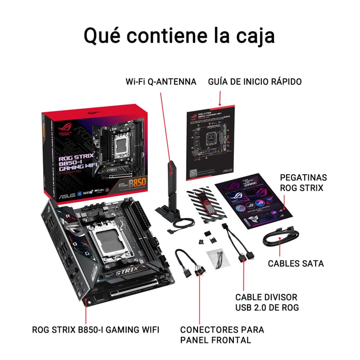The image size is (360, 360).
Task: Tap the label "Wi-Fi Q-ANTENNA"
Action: click(x=161, y=82)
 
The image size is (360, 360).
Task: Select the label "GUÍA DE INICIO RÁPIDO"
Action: click(x=255, y=82)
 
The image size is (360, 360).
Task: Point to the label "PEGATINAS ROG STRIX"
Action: click(x=303, y=183)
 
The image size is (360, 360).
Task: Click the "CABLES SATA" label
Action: click(x=296, y=263)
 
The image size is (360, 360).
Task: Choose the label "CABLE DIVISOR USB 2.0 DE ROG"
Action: click(x=267, y=302)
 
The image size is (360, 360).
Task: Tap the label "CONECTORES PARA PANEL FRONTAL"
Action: click(x=222, y=335)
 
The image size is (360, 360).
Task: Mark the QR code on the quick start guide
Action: click(x=193, y=171)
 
